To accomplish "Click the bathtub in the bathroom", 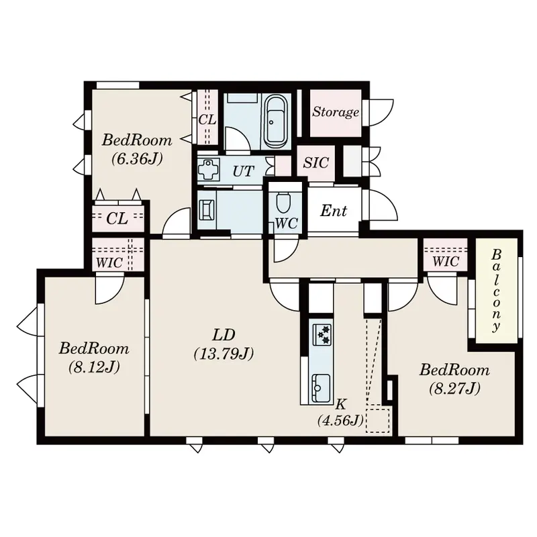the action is click(276, 121).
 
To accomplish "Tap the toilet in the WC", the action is click(283, 202).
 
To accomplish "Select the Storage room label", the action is click(336, 112).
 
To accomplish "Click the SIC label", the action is click(315, 162).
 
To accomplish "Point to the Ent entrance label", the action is click(334, 211).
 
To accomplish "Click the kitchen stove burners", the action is click(323, 334).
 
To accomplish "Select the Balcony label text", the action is click(496, 290).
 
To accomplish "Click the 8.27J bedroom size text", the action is click(455, 389).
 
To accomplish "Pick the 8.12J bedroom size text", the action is click(94, 367).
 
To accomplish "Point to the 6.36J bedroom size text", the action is click(137, 159).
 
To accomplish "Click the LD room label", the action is click(224, 335).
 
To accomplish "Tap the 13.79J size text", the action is click(224, 354).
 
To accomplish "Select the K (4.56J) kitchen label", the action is click(340, 413).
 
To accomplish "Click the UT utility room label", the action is click(244, 171).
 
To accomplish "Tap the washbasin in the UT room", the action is click(207, 169).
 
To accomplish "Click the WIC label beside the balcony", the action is click(446, 262).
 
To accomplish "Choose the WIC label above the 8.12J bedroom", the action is click(109, 262).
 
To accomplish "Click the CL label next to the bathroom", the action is click(207, 120).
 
